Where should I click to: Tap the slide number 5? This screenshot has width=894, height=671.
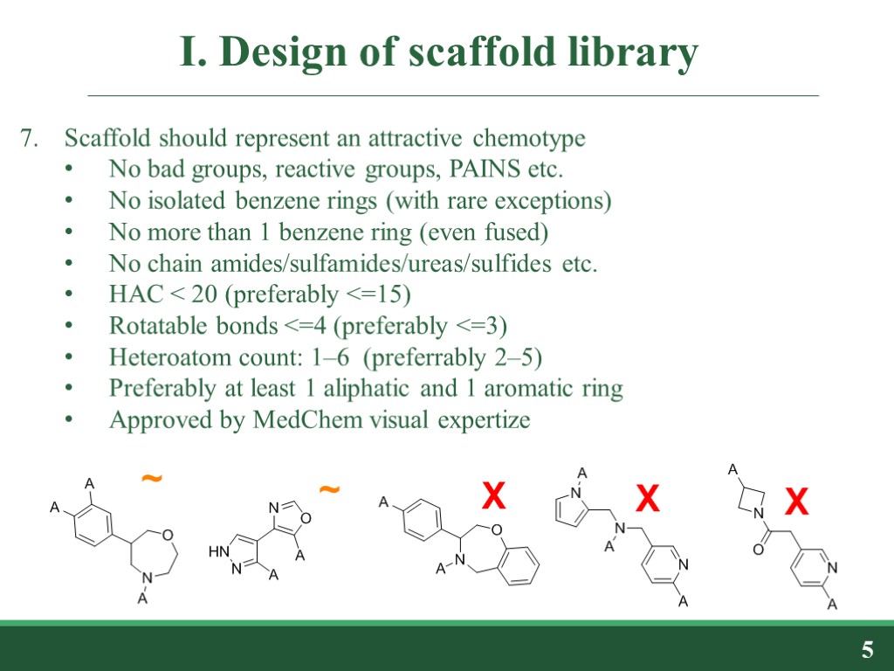click(867, 650)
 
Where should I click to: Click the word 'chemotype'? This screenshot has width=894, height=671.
click(529, 138)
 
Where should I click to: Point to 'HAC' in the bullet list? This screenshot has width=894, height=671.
click(131, 295)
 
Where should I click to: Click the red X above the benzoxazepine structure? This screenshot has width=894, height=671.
click(494, 498)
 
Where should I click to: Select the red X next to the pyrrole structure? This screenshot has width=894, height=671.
click(646, 500)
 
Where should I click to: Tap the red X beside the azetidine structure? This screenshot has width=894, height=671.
click(796, 502)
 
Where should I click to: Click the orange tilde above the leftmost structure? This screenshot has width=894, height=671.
click(151, 478)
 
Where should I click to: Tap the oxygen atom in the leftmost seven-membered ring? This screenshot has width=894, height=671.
click(167, 535)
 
